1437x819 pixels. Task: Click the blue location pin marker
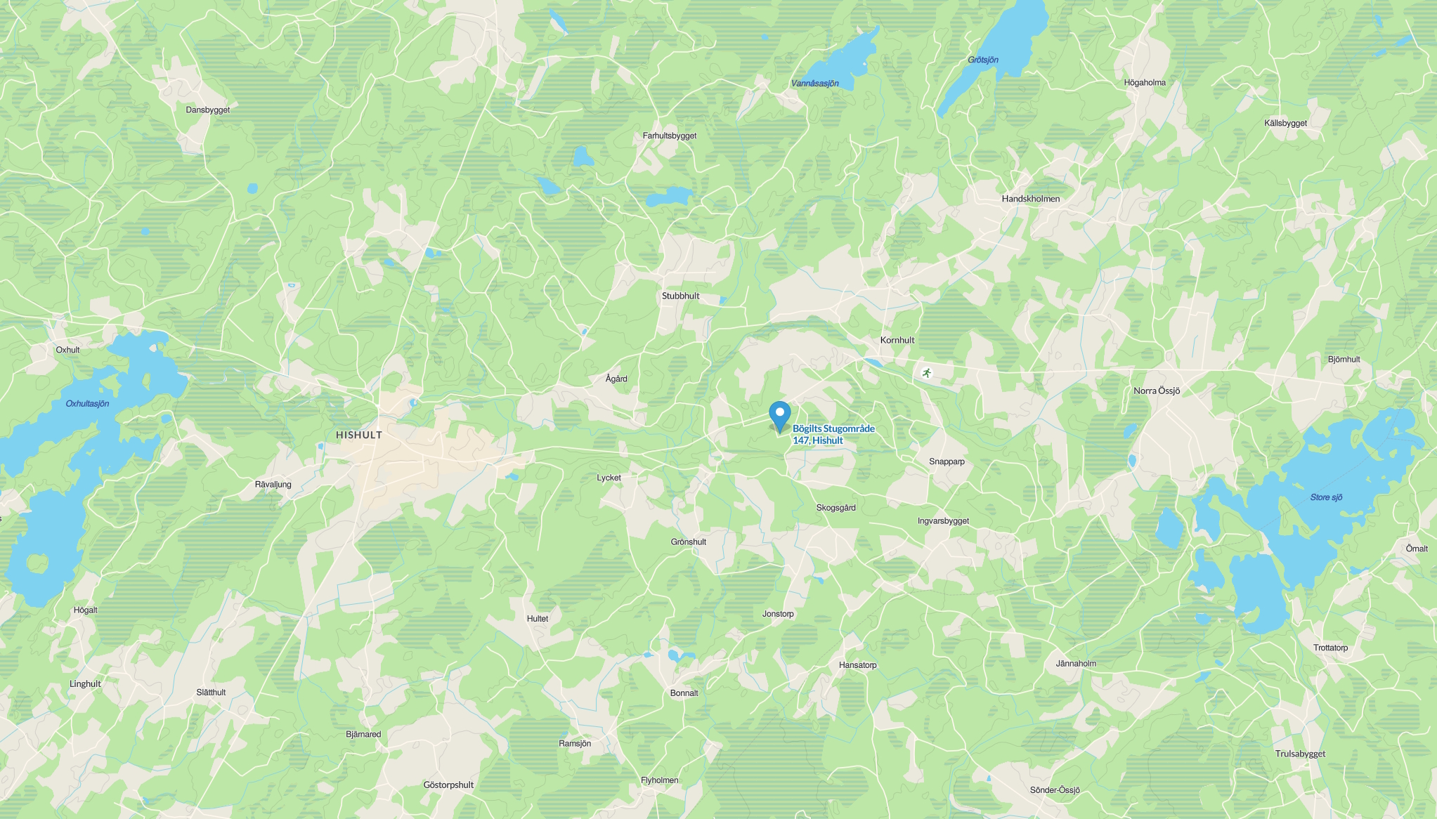tap(780, 414)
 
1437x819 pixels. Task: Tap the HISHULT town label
tap(359, 435)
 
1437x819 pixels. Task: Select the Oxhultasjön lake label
tap(87, 404)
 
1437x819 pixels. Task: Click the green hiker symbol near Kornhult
tap(927, 373)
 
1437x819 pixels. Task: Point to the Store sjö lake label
tap(1326, 497)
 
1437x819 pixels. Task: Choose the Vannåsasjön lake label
tap(814, 84)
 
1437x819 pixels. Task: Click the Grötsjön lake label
tap(982, 60)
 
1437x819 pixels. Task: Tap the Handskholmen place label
tap(1030, 199)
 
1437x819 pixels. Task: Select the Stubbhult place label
tap(680, 296)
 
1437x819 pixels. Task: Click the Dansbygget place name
tap(207, 110)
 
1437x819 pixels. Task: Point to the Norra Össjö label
tap(1157, 391)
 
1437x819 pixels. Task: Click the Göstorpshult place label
tap(448, 785)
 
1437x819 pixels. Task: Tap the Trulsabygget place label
tap(1300, 754)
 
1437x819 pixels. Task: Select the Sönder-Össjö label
tap(1055, 790)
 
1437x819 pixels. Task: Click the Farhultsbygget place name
tap(669, 136)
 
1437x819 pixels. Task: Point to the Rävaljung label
tap(273, 484)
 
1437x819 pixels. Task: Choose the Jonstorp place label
tap(778, 614)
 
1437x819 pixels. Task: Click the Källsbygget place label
tap(1285, 123)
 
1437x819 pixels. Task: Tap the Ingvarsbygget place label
tap(943, 520)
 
